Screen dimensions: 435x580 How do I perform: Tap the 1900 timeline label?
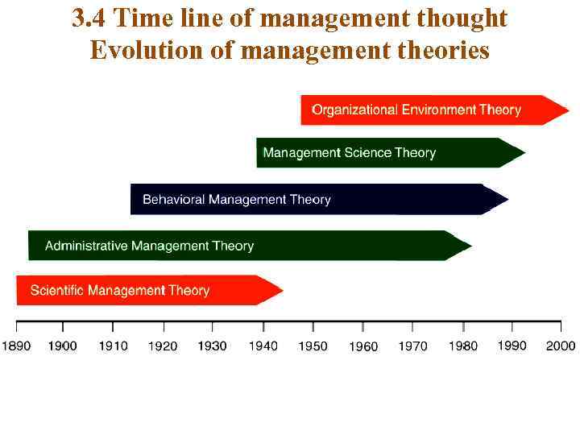coord(63,346)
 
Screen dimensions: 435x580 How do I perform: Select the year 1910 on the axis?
coord(113,346)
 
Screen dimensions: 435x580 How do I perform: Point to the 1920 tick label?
coord(163,346)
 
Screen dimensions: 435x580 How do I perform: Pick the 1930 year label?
coord(213,346)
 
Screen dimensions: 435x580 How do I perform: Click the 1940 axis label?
coord(263,346)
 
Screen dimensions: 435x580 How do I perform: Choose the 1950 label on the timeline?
coord(313,346)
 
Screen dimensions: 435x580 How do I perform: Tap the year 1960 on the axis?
coord(363,347)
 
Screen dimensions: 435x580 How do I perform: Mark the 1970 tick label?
coord(413,346)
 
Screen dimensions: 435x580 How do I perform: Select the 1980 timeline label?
coord(463,346)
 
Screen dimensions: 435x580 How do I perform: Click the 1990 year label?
coord(512,346)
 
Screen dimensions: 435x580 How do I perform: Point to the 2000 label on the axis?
coord(561,346)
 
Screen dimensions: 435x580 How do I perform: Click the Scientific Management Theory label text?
coord(120,291)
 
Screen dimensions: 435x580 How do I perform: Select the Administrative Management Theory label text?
coord(149,246)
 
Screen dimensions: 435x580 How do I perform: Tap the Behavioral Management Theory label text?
coord(237,200)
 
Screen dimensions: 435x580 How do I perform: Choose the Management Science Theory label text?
coord(349,153)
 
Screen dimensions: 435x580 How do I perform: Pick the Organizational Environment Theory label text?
coord(416,110)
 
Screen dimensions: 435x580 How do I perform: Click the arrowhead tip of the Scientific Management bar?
coord(282,290)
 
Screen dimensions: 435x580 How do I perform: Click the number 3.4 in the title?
coord(88,18)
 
